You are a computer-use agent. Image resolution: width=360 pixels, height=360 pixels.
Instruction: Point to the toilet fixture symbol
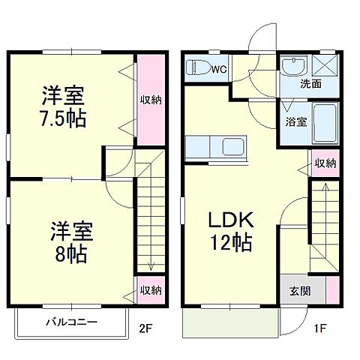[198, 68]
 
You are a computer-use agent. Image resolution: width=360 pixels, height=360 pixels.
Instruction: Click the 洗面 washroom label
[310, 84]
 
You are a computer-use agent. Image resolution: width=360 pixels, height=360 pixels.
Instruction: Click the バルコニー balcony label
[70, 323]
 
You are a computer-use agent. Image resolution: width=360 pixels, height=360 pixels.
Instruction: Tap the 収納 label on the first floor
[325, 163]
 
